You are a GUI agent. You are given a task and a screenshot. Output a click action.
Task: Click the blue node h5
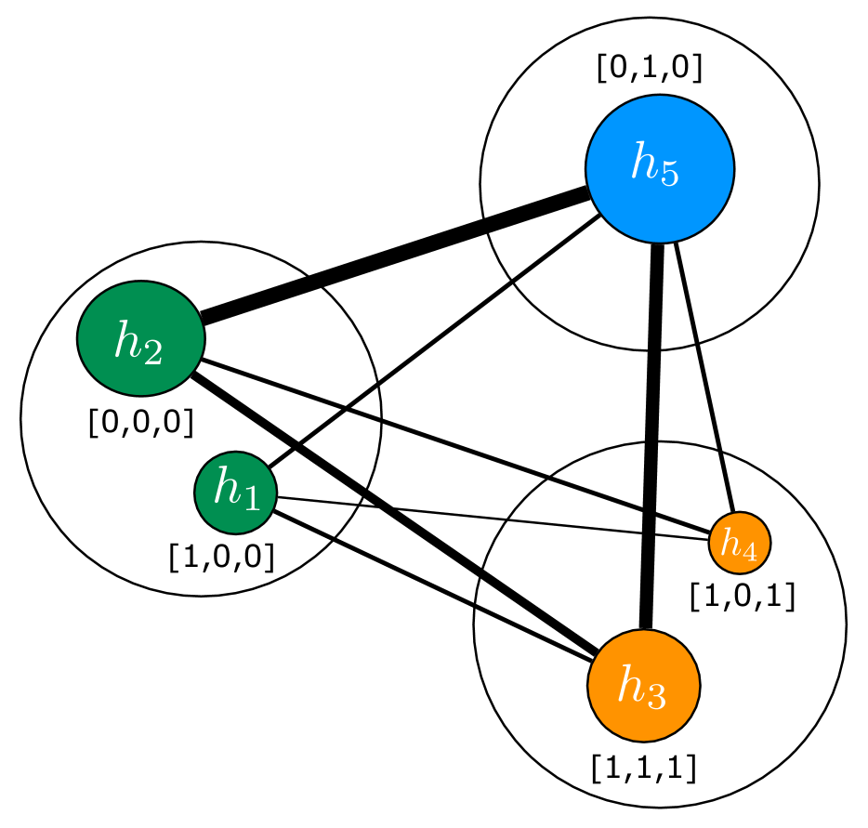[x=659, y=168]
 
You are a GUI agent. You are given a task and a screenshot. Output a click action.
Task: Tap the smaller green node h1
[x=235, y=493]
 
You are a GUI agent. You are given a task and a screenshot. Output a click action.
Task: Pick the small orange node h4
[x=740, y=543]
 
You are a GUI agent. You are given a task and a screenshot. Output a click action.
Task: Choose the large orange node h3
[x=643, y=686]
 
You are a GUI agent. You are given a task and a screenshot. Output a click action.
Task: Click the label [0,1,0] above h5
[x=649, y=69]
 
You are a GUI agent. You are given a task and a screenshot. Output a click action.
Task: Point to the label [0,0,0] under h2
[x=140, y=423]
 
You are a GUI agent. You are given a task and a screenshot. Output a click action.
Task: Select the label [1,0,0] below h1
[x=221, y=557]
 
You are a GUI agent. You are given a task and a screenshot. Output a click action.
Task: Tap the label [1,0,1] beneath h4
[x=742, y=596]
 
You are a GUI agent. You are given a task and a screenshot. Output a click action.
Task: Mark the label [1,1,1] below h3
[x=643, y=768]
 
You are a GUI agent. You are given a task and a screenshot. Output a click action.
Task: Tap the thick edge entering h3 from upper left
[x=539, y=613]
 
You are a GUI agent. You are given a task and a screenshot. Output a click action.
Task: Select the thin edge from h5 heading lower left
[x=555, y=245]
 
